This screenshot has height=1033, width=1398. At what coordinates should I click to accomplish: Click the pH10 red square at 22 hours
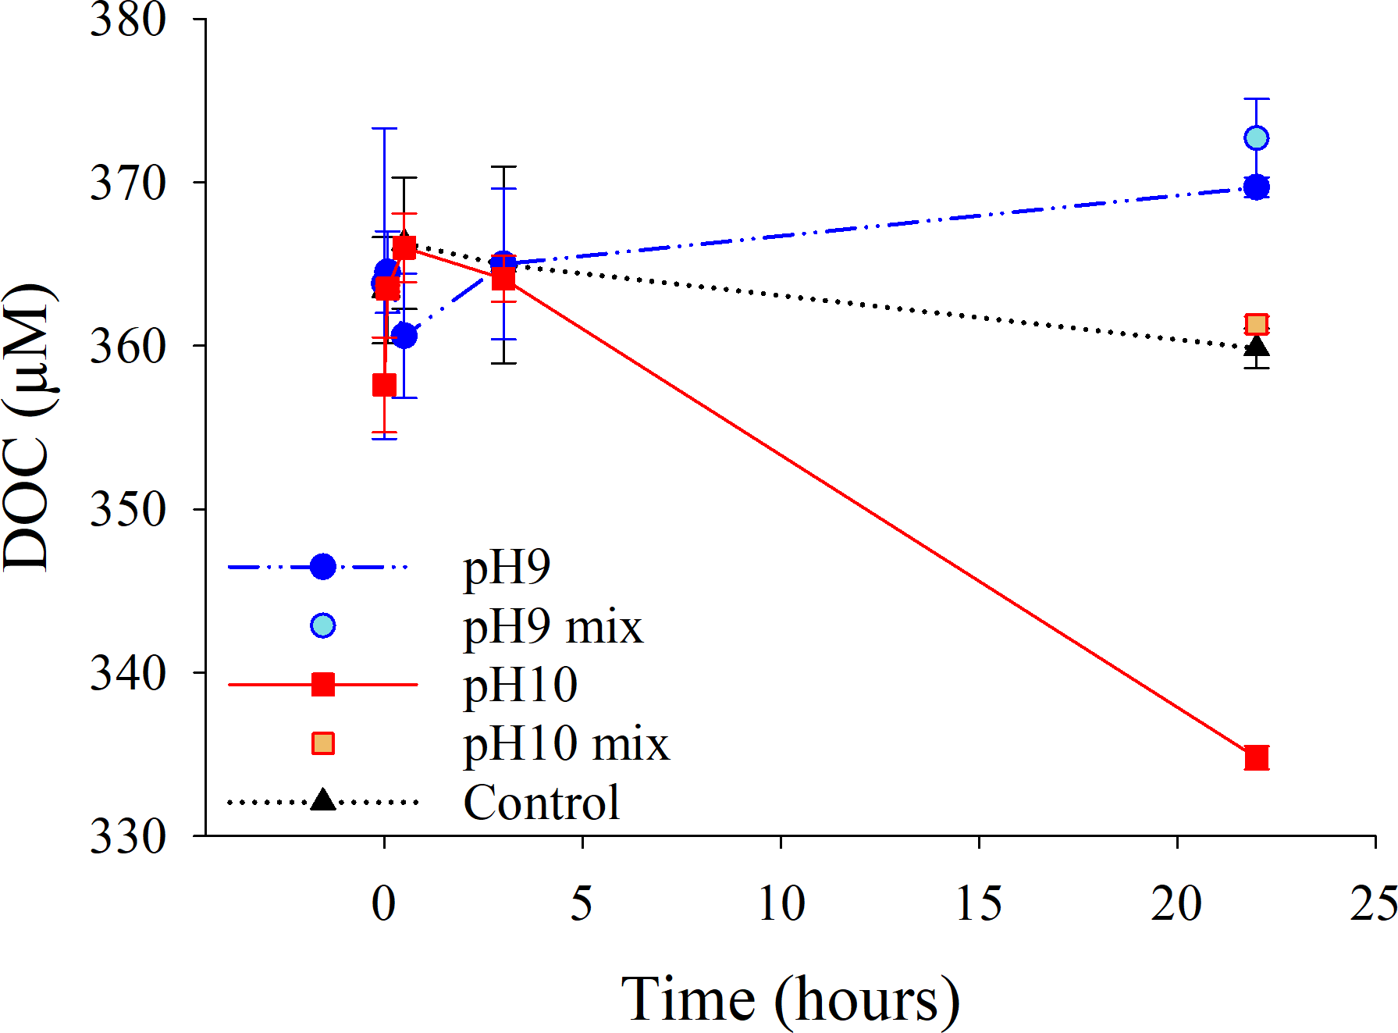pyautogui.click(x=1256, y=757)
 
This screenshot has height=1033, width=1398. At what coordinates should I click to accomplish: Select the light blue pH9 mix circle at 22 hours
pyautogui.click(x=1256, y=138)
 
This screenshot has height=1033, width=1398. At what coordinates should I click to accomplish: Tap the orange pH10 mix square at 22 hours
pyautogui.click(x=1256, y=324)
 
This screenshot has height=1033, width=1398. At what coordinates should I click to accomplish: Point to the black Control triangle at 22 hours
pyautogui.click(x=1256, y=346)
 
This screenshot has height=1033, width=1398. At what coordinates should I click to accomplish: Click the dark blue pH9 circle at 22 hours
pyautogui.click(x=1256, y=187)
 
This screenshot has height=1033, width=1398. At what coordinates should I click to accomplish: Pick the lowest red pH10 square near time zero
pyautogui.click(x=384, y=385)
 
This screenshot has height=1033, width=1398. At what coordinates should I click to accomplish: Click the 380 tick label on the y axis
pyautogui.click(x=128, y=20)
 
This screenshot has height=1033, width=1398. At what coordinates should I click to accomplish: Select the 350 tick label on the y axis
pyautogui.click(x=128, y=510)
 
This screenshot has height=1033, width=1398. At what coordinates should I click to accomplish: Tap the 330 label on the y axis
pyautogui.click(x=128, y=836)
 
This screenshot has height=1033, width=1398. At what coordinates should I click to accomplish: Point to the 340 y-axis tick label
pyautogui.click(x=128, y=673)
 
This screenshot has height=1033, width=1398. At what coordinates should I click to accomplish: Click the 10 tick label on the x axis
pyautogui.click(x=781, y=904)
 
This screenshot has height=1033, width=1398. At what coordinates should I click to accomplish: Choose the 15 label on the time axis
pyautogui.click(x=979, y=904)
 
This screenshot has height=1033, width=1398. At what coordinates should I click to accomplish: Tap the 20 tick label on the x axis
pyautogui.click(x=1176, y=904)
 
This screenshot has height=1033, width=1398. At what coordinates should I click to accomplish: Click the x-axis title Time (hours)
pyautogui.click(x=790, y=999)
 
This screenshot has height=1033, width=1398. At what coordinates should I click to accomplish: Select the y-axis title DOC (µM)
pyautogui.click(x=28, y=428)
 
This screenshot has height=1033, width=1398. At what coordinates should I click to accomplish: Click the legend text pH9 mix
pyautogui.click(x=553, y=626)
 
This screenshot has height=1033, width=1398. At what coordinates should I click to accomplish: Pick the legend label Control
pyautogui.click(x=542, y=802)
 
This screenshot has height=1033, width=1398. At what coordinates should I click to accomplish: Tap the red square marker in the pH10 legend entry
pyautogui.click(x=322, y=685)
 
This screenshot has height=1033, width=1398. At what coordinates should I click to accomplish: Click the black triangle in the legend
pyautogui.click(x=322, y=800)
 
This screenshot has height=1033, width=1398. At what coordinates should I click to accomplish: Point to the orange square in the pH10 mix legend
pyautogui.click(x=322, y=743)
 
